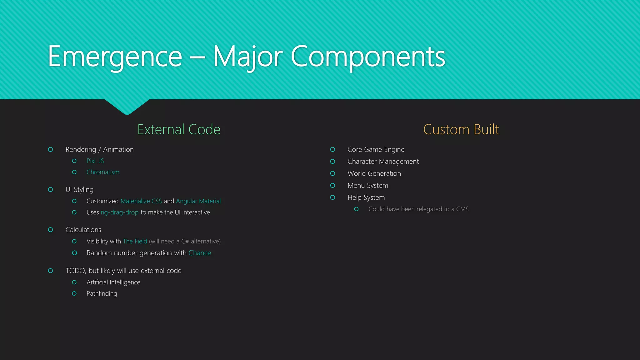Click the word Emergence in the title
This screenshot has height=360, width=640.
click(x=115, y=57)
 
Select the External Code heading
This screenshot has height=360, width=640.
click(x=179, y=129)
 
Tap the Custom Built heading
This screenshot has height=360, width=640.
click(x=461, y=129)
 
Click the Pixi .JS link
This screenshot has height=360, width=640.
click(x=95, y=161)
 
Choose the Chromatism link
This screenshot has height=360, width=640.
click(x=103, y=172)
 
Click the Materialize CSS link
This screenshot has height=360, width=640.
click(x=141, y=201)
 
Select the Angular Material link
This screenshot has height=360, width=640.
click(x=198, y=201)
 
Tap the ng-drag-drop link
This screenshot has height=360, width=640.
click(x=119, y=212)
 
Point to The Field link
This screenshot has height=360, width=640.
click(x=135, y=241)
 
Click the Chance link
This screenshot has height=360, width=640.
click(x=200, y=253)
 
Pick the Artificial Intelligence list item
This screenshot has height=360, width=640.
click(x=113, y=282)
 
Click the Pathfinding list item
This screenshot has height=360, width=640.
click(x=102, y=293)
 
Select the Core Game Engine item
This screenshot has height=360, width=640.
click(x=376, y=149)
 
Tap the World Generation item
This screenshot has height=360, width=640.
click(x=374, y=173)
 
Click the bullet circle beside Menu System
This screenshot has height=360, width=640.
click(x=332, y=186)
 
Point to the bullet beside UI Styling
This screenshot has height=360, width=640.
click(x=50, y=189)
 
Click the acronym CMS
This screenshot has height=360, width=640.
click(x=462, y=209)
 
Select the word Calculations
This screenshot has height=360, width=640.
click(x=83, y=230)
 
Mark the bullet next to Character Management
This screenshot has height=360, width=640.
click(x=332, y=162)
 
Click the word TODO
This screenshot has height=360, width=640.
click(x=75, y=271)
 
